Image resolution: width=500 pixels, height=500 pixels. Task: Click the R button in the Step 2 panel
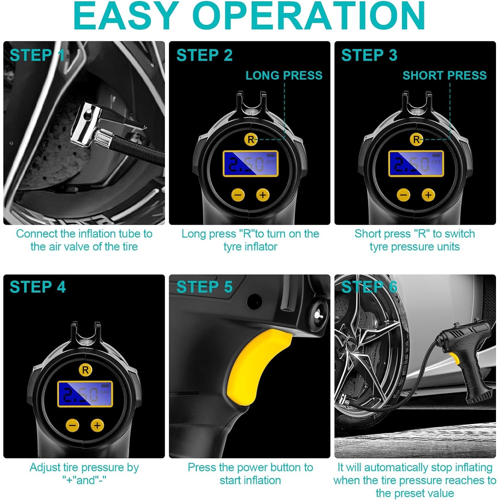point(251,139)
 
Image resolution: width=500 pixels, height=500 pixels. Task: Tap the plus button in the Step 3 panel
point(428,195)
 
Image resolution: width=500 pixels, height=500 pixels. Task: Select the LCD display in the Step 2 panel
point(251,164)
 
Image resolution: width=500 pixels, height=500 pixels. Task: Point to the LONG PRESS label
point(284,75)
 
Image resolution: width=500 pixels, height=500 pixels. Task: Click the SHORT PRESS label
point(445,75)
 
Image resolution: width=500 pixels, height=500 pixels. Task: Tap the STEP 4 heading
point(38,287)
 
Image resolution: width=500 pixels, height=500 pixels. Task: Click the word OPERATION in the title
point(309,15)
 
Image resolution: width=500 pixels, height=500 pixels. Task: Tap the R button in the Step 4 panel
point(85,370)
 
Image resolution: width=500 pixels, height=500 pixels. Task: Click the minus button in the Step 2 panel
point(238,195)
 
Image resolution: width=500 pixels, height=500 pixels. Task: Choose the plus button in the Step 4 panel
point(97,425)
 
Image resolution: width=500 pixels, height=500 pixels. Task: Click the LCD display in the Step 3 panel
point(416,164)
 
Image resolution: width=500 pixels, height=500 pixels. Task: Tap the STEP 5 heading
point(204,287)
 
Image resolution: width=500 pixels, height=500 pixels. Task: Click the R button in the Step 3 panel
point(416,139)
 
